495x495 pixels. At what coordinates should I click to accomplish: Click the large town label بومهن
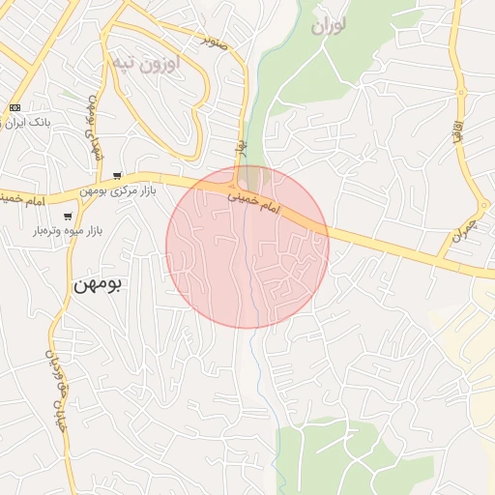(100, 285)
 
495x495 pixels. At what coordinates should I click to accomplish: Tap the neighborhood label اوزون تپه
(147, 64)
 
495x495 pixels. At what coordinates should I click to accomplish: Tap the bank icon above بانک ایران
(15, 107)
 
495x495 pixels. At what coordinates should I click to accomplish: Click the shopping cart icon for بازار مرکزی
(117, 176)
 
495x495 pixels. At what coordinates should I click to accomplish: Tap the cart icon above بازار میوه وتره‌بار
(68, 216)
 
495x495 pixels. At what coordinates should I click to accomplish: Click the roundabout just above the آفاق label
(462, 94)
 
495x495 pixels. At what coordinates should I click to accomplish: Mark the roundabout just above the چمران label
(484, 206)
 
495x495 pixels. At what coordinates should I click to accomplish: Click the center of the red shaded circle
(247, 247)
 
